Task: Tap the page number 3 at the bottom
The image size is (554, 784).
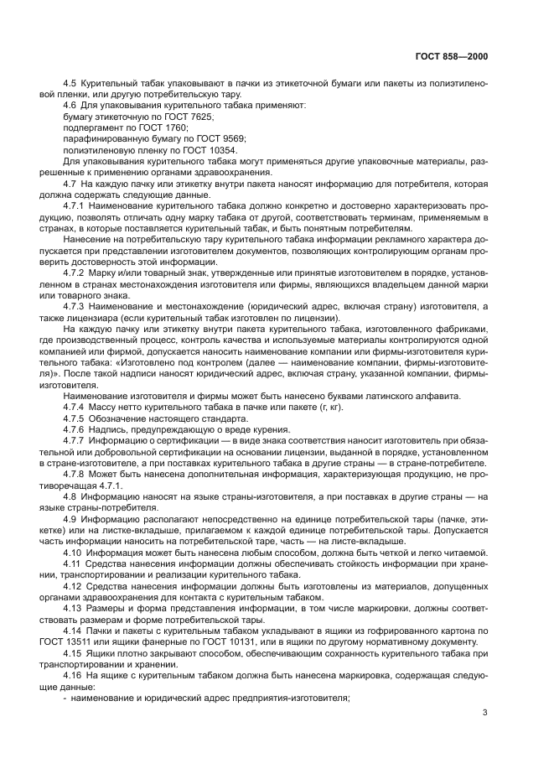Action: [484, 714]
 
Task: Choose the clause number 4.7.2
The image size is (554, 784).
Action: [75, 273]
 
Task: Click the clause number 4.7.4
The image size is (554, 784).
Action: [75, 407]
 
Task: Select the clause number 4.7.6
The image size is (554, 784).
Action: [75, 429]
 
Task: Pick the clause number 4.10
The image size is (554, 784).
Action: [72, 552]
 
